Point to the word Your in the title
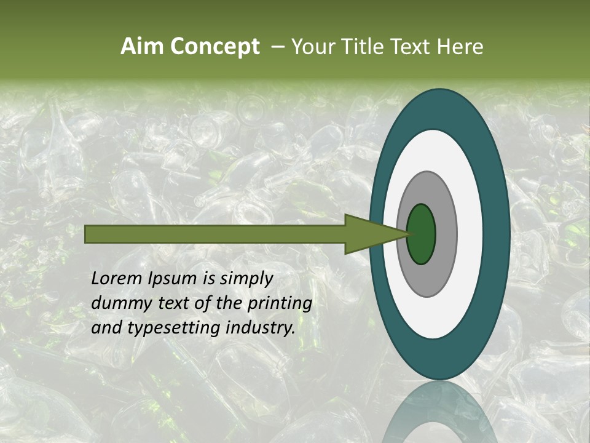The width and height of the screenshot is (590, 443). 312,47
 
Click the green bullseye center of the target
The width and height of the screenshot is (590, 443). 422,234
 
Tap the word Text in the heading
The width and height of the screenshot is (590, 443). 411,47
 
